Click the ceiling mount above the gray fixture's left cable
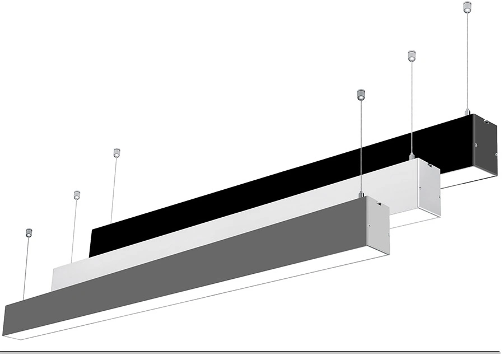click(29, 231)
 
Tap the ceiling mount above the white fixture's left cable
click(77, 195)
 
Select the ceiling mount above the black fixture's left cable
click(116, 152)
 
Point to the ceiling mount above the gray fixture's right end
click(361, 95)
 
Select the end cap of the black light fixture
click(484, 144)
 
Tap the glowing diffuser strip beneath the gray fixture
click(185, 308)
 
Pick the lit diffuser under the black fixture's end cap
click(470, 180)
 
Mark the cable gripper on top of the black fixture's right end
click(467, 111)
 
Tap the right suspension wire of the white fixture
click(412, 106)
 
